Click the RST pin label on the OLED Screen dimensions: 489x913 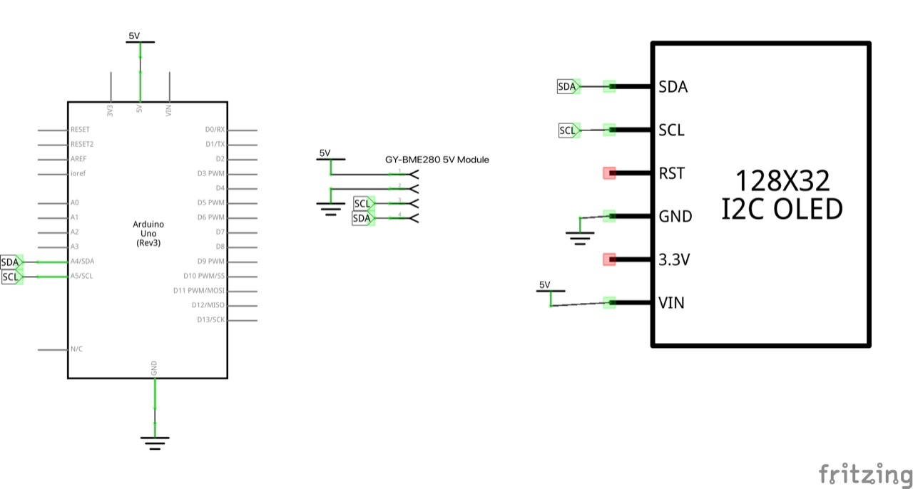(671, 173)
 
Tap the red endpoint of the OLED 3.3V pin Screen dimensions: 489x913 (609, 259)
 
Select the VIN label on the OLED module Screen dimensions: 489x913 (671, 303)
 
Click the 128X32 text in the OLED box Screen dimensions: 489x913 (782, 182)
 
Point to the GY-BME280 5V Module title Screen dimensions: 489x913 (437, 160)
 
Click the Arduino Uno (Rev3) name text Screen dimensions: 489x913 (148, 233)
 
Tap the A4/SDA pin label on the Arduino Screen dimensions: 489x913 (82, 262)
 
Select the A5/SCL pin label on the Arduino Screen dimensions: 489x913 (82, 276)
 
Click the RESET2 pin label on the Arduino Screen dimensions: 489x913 (82, 144)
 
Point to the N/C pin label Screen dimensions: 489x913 (77, 349)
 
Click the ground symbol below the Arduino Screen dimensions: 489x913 (154, 442)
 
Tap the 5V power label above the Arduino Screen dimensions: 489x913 (134, 36)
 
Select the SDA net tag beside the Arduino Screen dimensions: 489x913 (11, 262)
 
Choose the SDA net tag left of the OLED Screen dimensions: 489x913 (567, 86)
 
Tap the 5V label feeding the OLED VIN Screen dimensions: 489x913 (545, 285)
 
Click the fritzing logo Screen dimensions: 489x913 (864, 474)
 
